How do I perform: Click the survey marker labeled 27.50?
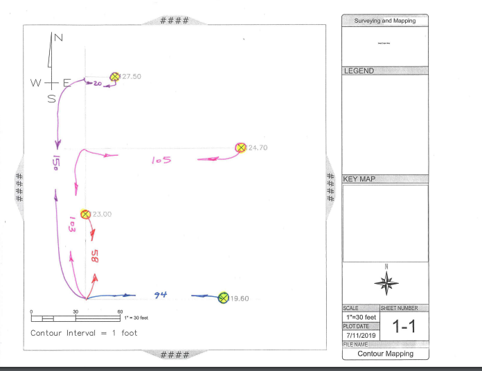(x=115, y=76)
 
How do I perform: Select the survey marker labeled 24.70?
(x=241, y=147)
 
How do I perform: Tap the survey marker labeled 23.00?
(x=85, y=214)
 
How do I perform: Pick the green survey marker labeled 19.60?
(x=224, y=298)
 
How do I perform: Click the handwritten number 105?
(x=161, y=161)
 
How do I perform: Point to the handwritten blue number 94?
(x=161, y=296)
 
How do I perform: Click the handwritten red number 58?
(x=96, y=255)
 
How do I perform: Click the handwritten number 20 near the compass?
(x=97, y=83)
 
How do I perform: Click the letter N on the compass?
(x=59, y=37)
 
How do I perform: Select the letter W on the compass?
(x=35, y=82)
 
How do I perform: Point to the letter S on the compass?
(x=51, y=98)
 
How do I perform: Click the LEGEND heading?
(x=359, y=71)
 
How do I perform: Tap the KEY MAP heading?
(x=359, y=179)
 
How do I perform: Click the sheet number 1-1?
(x=404, y=327)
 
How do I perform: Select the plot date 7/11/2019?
(x=360, y=335)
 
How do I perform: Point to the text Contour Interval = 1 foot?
(x=84, y=333)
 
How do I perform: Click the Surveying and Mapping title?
(x=385, y=21)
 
